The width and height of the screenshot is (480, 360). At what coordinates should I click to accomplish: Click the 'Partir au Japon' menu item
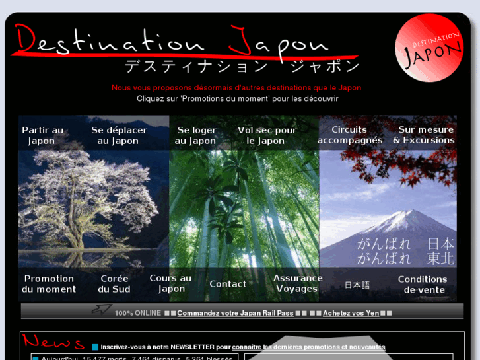(x=42, y=135)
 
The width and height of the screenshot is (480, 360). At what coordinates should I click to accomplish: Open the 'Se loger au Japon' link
(x=196, y=135)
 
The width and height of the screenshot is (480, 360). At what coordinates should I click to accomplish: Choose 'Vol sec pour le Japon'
(x=267, y=135)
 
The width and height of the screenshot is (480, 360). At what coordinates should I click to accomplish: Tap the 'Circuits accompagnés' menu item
(x=349, y=135)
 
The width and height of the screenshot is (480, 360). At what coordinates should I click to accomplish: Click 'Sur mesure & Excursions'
(x=425, y=135)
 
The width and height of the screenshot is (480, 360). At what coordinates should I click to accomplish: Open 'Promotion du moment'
(x=49, y=284)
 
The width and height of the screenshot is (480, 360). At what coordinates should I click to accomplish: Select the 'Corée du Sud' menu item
(x=114, y=284)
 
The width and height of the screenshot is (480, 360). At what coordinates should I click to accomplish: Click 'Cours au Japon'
(x=171, y=283)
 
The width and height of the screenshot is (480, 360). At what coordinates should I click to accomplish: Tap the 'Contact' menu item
(x=228, y=284)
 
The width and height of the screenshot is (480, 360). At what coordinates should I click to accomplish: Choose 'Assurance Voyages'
(x=298, y=283)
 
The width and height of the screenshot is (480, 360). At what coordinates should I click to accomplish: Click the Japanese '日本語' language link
(x=357, y=285)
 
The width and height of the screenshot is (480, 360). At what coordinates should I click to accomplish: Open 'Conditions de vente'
(x=423, y=284)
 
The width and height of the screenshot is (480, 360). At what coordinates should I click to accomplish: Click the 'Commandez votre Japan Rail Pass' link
(x=235, y=313)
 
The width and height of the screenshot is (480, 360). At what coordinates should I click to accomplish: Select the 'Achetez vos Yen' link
(x=351, y=313)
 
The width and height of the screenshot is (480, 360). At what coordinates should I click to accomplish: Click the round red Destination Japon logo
(x=429, y=48)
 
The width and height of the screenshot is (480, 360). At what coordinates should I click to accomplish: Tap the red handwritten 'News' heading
(x=53, y=342)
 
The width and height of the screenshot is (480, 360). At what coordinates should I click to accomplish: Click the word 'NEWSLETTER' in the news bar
(x=191, y=347)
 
